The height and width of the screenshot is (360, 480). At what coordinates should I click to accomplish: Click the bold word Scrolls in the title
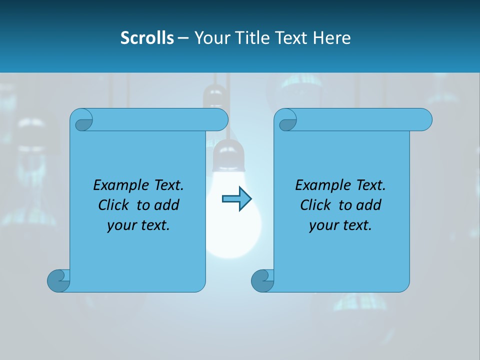point(147,37)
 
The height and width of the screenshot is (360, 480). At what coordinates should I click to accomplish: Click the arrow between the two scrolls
point(236,199)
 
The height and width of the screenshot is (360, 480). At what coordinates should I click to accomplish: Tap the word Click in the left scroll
point(115,205)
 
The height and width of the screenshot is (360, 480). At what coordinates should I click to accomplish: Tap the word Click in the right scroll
point(316,205)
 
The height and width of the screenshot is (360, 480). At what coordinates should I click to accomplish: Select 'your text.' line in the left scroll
point(138,225)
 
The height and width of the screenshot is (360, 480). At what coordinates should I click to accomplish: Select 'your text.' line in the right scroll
point(340,225)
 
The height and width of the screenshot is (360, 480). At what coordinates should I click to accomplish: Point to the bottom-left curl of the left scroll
point(58,280)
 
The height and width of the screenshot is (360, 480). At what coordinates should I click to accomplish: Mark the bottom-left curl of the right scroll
point(262,280)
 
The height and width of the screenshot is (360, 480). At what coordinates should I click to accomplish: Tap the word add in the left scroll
point(166,205)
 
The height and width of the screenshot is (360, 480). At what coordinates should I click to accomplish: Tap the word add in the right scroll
point(368,205)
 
